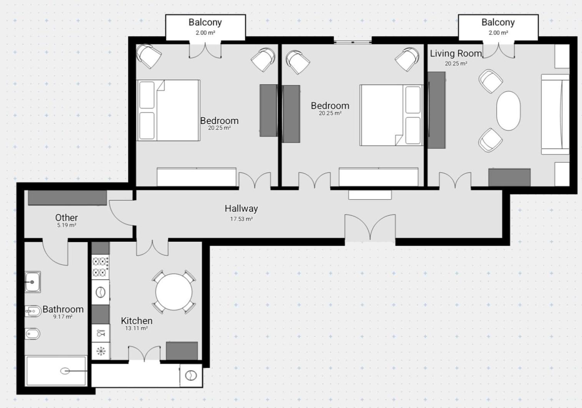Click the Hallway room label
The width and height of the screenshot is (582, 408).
[x=241, y=208]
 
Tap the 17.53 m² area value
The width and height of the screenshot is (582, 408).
[x=241, y=219]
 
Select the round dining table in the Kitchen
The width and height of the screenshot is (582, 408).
[x=174, y=292]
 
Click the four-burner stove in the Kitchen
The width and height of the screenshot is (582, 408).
[x=100, y=267]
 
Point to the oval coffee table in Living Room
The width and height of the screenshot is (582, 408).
[x=508, y=110]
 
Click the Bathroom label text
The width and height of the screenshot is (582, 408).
[x=63, y=309]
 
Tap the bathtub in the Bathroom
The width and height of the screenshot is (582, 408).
[x=57, y=371]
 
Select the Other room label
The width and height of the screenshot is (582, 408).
[x=67, y=217]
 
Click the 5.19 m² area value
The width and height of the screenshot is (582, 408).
[x=67, y=225]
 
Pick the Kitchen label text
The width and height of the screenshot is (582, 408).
[x=137, y=321]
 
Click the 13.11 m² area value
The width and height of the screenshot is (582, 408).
[x=137, y=328]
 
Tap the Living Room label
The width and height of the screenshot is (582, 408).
[x=456, y=54]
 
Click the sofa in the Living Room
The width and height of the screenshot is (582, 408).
[x=555, y=114]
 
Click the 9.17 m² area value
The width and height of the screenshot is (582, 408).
[x=63, y=317]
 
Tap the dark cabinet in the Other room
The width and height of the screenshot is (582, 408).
[x=67, y=198]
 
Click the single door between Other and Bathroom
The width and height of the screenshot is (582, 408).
[x=55, y=252]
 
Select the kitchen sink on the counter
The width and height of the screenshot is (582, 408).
[x=100, y=292]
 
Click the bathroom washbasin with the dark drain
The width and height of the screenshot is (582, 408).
[x=33, y=282]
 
